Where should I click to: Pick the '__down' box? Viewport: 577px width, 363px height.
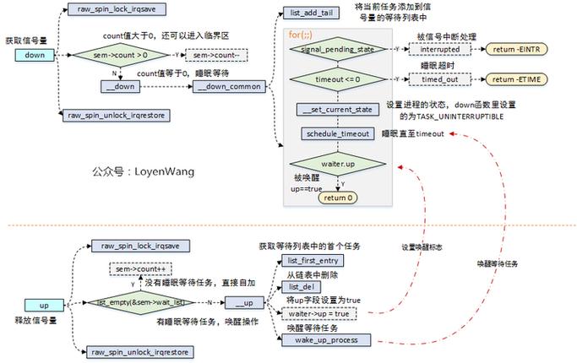click(123, 87)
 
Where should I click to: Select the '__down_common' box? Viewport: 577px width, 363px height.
click(229, 87)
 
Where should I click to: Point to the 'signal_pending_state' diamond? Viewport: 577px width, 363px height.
click(330, 50)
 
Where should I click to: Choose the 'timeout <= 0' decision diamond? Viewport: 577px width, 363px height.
click(330, 79)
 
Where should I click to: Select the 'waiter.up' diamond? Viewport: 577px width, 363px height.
click(330, 162)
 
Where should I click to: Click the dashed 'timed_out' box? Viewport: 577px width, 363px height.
click(439, 79)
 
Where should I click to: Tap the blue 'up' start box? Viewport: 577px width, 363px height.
click(46, 304)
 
